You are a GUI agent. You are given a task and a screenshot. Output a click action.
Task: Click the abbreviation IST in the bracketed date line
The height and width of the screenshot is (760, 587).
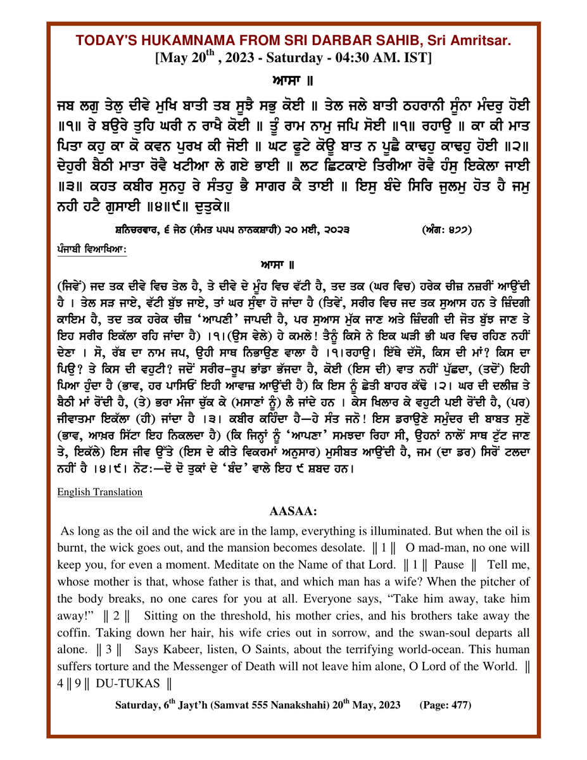419,58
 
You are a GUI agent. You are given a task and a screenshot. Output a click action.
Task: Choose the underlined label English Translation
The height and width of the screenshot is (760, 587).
100,491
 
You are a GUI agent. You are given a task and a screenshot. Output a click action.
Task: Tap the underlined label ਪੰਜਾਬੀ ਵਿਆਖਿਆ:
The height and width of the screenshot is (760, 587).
92,250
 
